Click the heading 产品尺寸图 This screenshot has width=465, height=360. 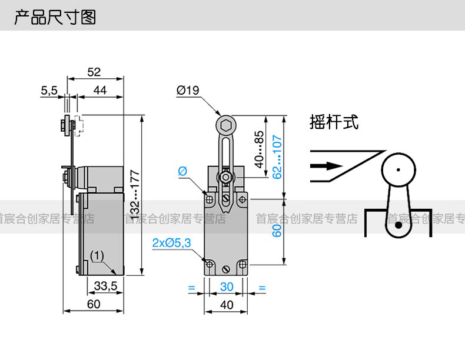click(x=55, y=16)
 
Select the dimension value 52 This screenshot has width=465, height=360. click(x=94, y=72)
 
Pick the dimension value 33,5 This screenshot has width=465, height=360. click(x=105, y=286)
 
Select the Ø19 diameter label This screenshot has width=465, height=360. click(x=188, y=91)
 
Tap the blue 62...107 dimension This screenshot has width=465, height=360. click(x=277, y=157)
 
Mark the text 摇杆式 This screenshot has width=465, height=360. click(x=334, y=122)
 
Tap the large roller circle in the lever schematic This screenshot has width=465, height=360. click(x=400, y=171)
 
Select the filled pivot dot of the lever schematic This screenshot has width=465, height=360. click(x=398, y=225)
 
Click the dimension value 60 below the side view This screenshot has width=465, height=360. click(x=94, y=304)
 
